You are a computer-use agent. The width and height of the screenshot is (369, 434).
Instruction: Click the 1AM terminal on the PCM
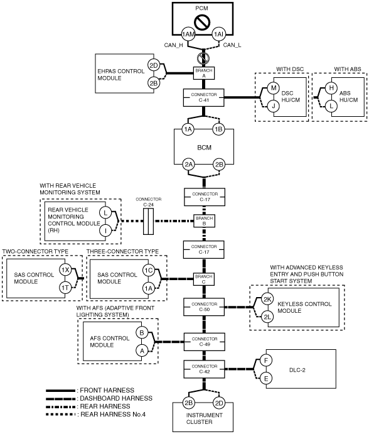coord(188,35)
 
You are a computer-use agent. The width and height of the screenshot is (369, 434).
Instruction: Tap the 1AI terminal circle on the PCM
coord(219,35)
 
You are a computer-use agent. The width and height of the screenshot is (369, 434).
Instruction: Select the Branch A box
coord(204,73)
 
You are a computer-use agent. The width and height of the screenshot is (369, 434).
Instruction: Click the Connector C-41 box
coord(204,97)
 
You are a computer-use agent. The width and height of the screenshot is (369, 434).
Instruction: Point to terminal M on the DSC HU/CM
coord(274,88)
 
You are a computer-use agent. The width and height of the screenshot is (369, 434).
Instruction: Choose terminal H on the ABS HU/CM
coord(331,88)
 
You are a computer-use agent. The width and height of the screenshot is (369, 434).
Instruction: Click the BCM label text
coord(205,148)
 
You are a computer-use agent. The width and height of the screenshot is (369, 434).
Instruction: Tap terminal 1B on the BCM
coord(219,129)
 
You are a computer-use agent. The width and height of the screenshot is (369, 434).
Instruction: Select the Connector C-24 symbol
coord(149,222)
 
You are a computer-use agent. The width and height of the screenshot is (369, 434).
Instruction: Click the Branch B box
coord(204,221)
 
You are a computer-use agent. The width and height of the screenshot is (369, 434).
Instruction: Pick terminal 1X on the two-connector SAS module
coord(65,270)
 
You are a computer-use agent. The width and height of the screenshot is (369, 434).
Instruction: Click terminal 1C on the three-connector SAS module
coord(149,270)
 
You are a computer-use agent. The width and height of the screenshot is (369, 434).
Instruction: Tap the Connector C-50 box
coord(204,307)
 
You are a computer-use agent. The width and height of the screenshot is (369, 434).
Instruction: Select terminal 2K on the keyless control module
coord(267,299)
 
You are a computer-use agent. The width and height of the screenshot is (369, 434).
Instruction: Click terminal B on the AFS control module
coord(142,333)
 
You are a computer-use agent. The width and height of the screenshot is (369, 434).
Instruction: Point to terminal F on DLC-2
coord(266,361)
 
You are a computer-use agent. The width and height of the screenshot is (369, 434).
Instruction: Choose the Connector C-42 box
coord(205,369)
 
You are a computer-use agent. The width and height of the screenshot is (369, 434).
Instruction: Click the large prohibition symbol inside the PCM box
coord(202,22)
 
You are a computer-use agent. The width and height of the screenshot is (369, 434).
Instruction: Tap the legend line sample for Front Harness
coord(60,391)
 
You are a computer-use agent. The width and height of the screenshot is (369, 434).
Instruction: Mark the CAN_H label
coord(173,45)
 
